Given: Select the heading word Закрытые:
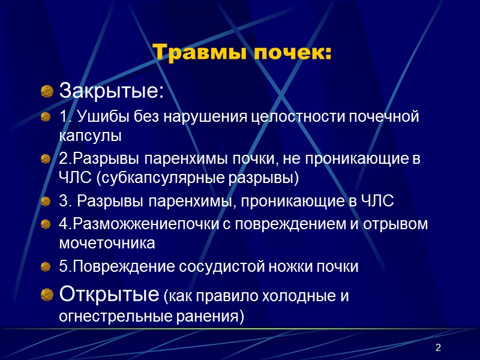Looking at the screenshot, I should click(x=111, y=92).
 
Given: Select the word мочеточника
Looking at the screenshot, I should click(x=107, y=242).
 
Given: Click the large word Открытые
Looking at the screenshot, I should click(x=108, y=295).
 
